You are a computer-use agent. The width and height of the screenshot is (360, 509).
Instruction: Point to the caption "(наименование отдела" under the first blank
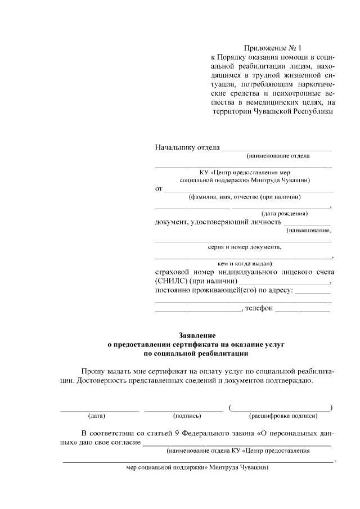[278, 156]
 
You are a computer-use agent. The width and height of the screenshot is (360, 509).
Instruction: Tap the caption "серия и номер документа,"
[245, 247]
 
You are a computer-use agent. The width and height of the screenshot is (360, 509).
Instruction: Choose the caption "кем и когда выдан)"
[245, 263]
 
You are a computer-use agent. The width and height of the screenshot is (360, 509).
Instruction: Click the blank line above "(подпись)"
[184, 409]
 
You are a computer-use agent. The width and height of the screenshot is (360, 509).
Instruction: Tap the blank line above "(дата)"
[99, 409]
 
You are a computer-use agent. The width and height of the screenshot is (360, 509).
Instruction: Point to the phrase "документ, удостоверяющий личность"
[217, 222]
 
